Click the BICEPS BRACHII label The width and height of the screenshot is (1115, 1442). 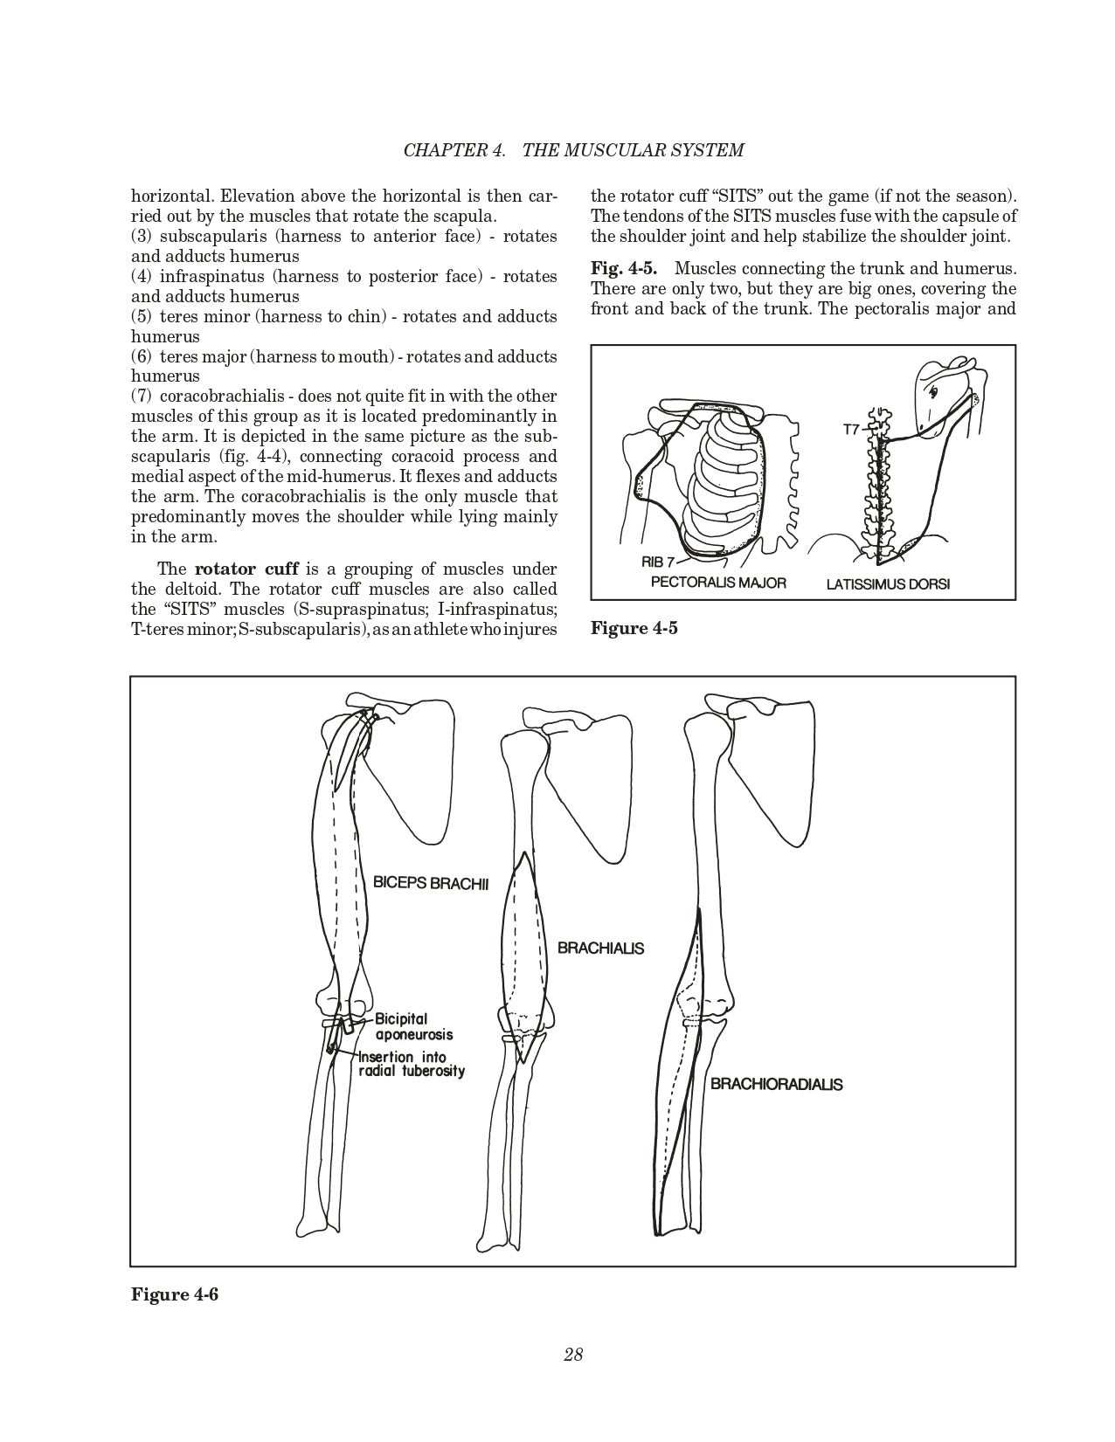tap(430, 883)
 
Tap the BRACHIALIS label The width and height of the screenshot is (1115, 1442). tap(600, 949)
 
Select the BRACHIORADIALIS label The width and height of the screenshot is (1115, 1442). tap(776, 1085)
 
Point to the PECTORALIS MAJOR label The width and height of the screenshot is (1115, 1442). tap(718, 583)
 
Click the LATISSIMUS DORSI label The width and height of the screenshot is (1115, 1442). tap(888, 584)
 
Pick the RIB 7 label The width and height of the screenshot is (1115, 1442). tap(657, 562)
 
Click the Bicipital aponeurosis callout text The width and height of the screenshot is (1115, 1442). tap(413, 1026)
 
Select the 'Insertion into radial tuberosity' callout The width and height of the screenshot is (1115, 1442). tap(411, 1065)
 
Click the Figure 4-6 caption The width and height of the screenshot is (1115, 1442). tap(175, 1294)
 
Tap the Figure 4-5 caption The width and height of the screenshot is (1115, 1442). tap(634, 629)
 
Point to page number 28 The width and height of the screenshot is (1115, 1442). tap(573, 1355)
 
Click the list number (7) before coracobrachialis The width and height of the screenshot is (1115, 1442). tap(142, 397)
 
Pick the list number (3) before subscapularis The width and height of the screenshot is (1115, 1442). tap(142, 237)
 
